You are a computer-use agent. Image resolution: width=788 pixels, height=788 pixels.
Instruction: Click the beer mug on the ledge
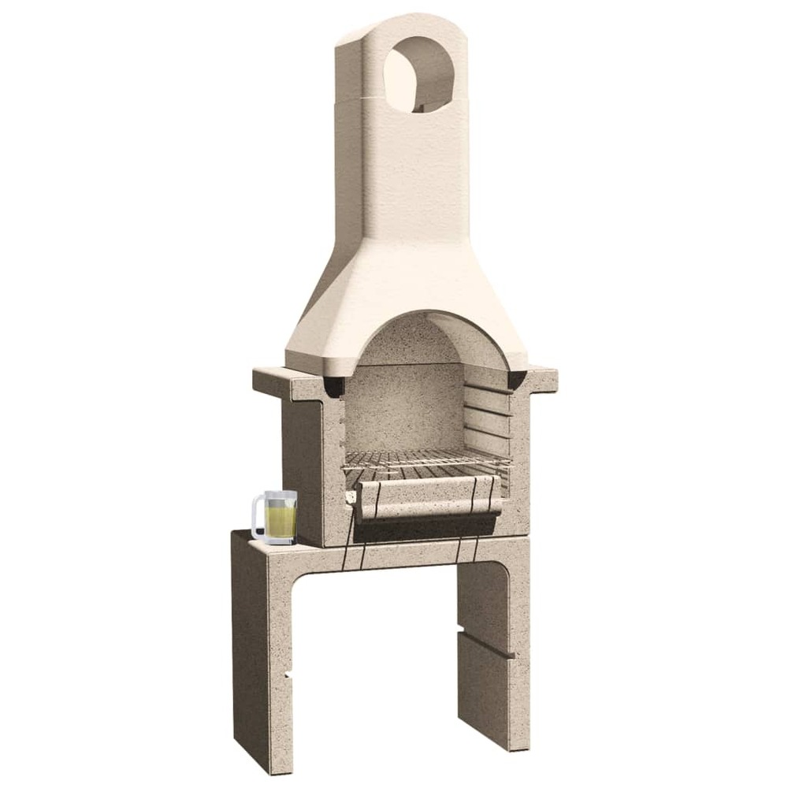(276, 517)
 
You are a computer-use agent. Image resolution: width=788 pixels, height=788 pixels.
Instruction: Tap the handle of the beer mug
(257, 518)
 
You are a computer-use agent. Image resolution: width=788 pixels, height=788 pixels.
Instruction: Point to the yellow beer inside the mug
(281, 522)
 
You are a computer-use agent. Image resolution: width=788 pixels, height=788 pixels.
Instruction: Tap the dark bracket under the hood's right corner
(517, 380)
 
